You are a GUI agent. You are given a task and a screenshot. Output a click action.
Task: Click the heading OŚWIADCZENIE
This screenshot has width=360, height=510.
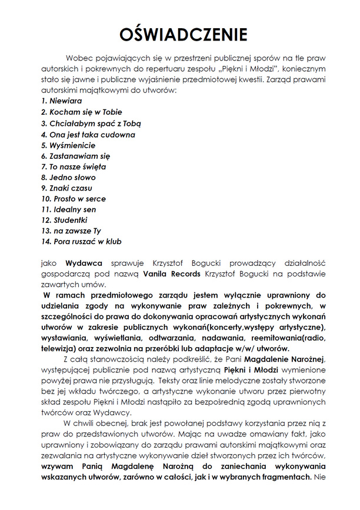179,35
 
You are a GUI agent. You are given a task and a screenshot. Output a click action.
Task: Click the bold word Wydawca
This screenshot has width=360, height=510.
84,264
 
